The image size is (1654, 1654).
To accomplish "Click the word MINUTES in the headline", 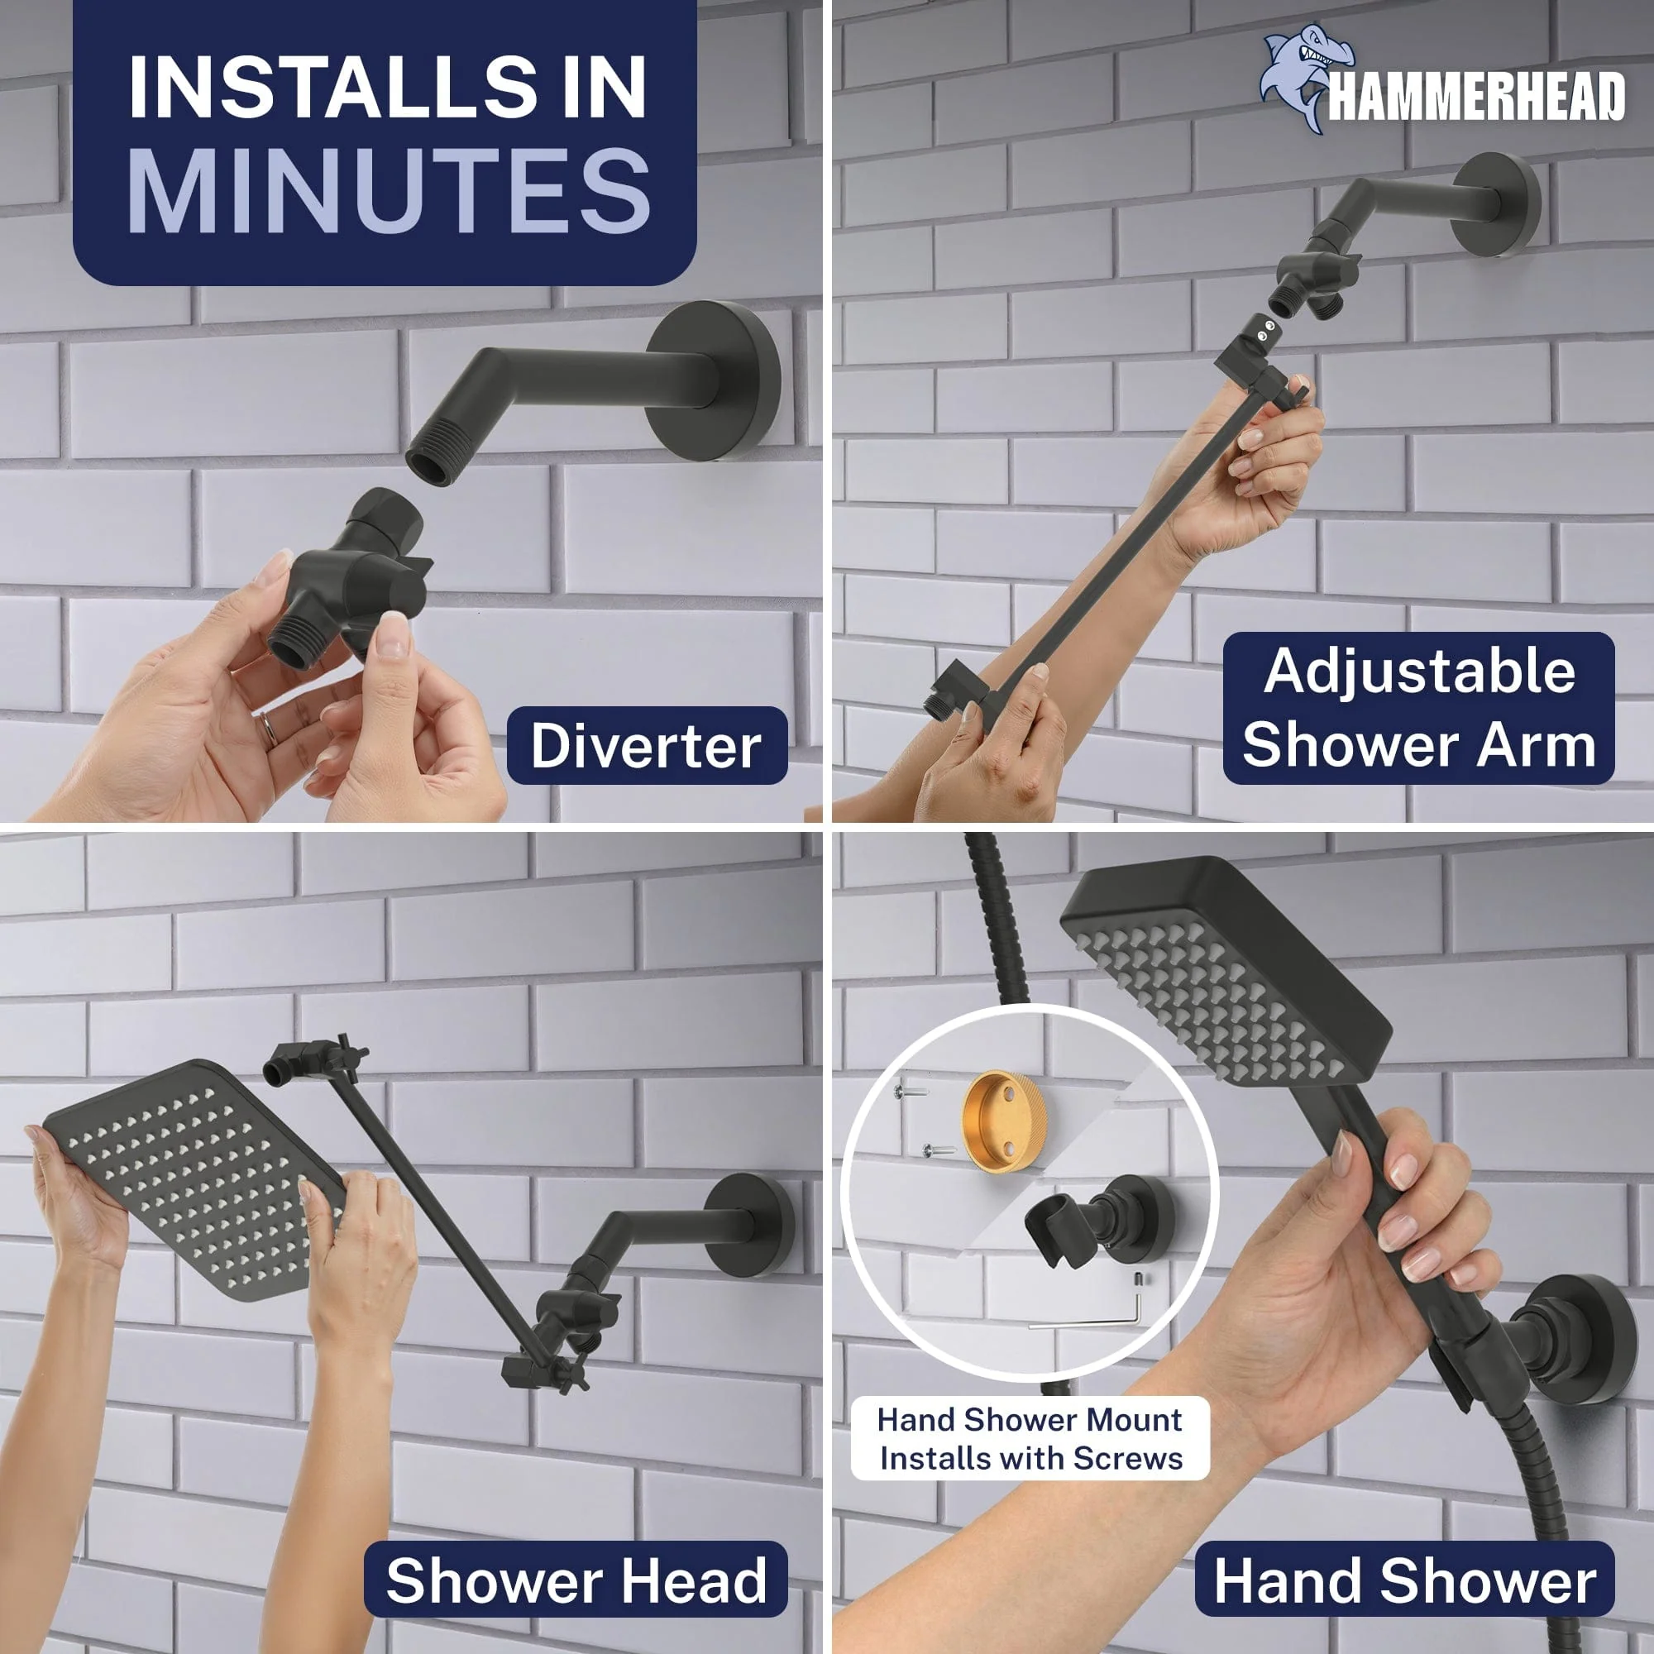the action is (x=390, y=189).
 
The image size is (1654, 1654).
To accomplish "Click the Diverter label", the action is (x=646, y=746).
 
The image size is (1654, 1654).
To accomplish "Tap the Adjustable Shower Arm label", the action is (x=1418, y=708).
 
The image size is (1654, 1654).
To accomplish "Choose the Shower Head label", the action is (x=576, y=1580).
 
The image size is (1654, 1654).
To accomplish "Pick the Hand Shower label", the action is (x=1405, y=1580).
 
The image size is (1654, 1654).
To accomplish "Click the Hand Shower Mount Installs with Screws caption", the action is (x=1030, y=1438).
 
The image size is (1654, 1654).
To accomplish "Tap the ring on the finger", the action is (x=268, y=729).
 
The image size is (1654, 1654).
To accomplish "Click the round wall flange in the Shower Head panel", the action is (x=748, y=1226).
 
